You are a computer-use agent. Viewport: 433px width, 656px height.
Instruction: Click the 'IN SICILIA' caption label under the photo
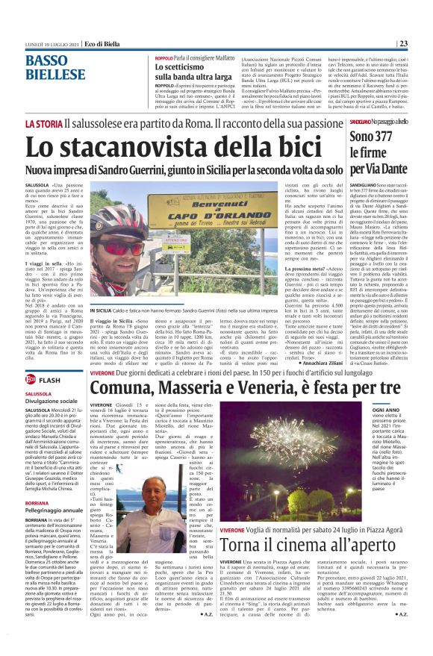coord(99,329)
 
